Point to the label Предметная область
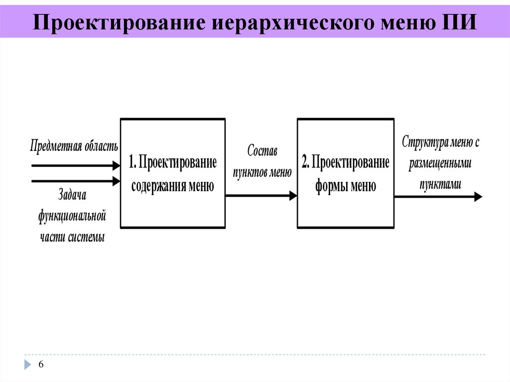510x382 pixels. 74,146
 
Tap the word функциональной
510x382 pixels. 72,216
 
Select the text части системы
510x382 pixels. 72,237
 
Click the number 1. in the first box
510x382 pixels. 133,162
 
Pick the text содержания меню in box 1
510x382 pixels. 172,186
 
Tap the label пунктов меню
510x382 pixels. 262,173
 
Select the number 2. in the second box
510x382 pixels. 306,162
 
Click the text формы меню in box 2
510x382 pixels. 345,186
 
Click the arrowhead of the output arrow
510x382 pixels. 478,197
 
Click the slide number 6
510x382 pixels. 41,365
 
